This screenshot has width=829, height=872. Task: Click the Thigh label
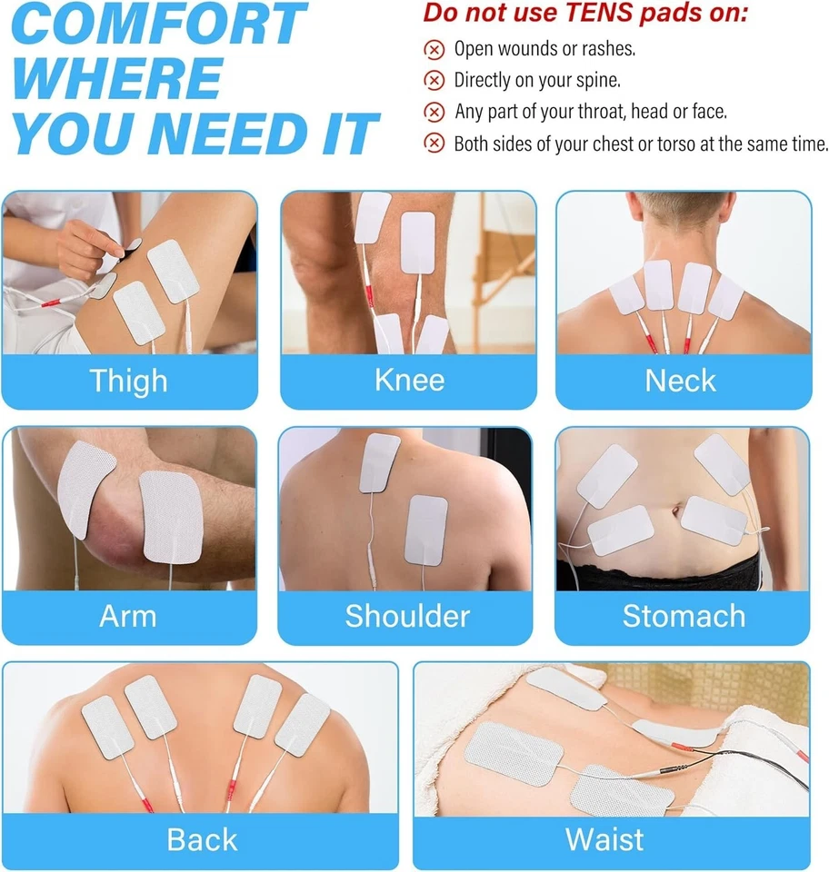[128, 381]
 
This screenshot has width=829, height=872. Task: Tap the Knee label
[409, 380]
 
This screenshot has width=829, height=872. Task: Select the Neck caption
[681, 381]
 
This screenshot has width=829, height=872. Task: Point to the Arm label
[127, 616]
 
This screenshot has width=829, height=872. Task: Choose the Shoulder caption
[407, 616]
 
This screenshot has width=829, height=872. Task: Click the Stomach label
[683, 616]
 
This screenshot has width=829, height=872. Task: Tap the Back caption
[202, 839]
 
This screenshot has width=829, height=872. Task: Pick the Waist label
[604, 839]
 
